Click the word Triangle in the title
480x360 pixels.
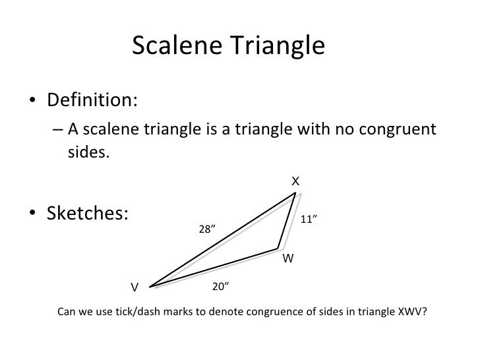point(274,45)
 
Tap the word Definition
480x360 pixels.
point(90,103)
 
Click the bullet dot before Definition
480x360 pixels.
point(32,104)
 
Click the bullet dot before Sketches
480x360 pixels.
point(32,216)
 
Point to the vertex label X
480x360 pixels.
point(296,181)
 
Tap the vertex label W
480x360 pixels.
point(287,259)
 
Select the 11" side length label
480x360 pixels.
point(309,220)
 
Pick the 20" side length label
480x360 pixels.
point(220,286)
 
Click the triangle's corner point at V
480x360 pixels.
point(150,287)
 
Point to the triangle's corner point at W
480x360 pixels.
point(278,249)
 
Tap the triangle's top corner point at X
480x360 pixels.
point(295,193)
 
